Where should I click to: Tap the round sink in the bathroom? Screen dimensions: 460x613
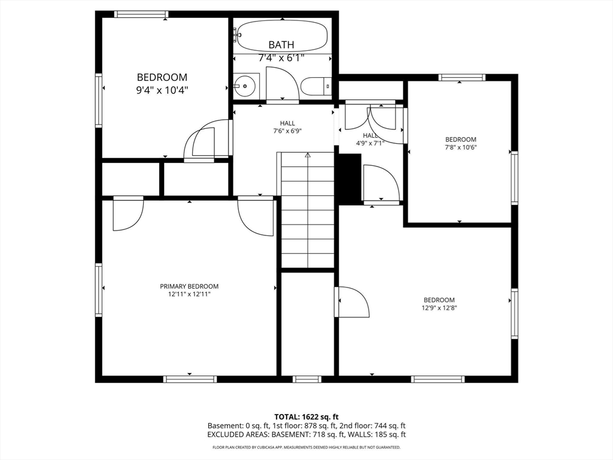245,86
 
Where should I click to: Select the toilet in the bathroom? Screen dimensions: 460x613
315,87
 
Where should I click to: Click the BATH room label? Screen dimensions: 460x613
281,45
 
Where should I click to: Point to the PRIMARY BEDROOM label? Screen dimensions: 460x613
189,286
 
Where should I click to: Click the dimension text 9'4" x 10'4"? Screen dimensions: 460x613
162,89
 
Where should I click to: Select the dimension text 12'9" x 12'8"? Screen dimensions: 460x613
439,308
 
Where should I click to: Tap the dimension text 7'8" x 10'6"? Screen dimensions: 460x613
460,147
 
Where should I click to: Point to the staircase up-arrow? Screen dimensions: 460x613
308,155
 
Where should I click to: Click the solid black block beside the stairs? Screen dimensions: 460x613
350,179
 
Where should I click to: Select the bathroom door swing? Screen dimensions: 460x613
281,84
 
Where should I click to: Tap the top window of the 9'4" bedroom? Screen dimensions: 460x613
141,14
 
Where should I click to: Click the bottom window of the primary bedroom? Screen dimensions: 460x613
190,379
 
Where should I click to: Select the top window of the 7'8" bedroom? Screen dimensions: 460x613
462,77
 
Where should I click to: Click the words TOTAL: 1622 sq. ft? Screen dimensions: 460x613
306,416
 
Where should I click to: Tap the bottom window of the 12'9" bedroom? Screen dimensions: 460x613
438,379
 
